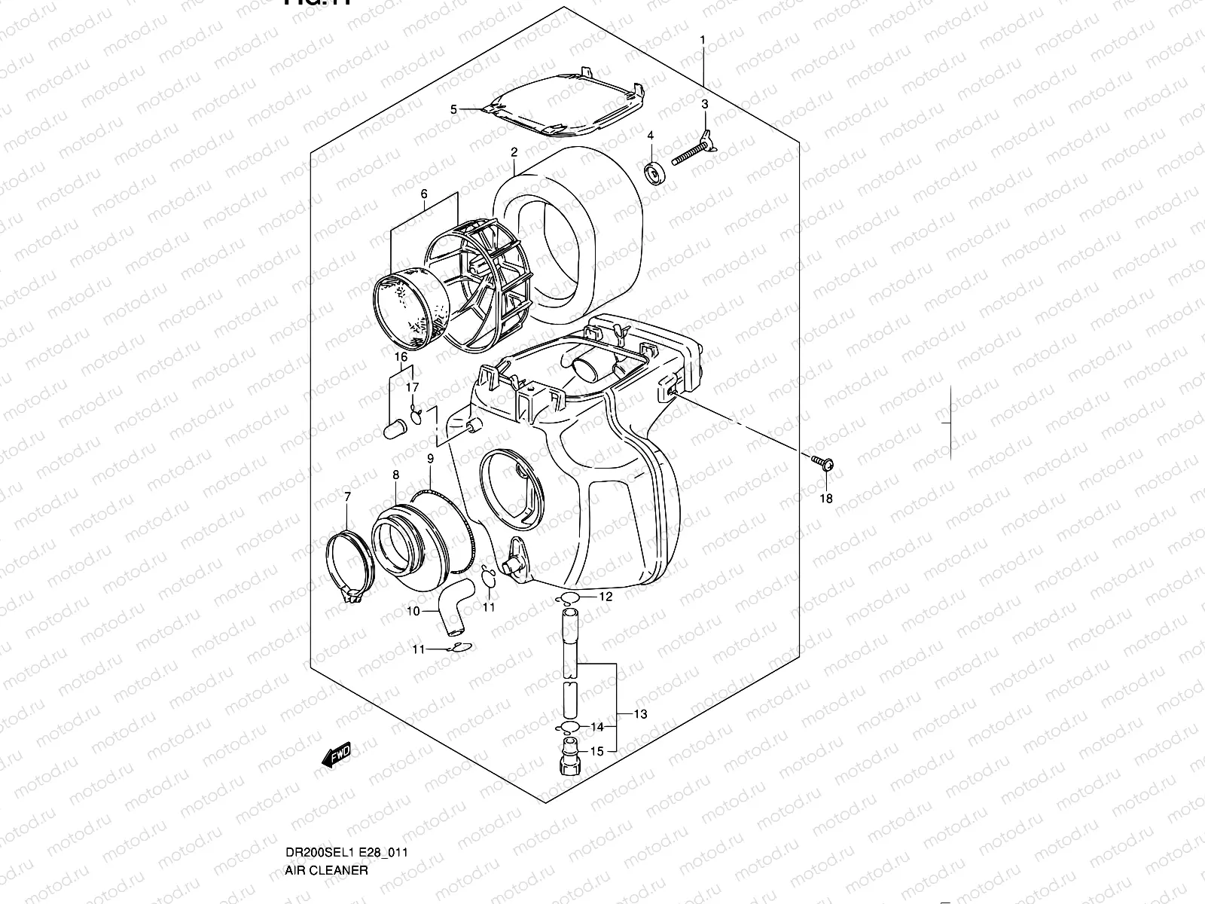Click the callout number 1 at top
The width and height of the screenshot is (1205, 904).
tap(703, 38)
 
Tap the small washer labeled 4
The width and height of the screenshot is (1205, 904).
tap(657, 174)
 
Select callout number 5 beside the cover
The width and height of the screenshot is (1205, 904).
tap(453, 109)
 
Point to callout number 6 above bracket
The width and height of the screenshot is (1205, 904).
tap(424, 194)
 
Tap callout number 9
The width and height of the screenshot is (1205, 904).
tap(430, 457)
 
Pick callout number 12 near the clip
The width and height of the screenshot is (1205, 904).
tap(606, 597)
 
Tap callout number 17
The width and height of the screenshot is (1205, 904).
tap(413, 387)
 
